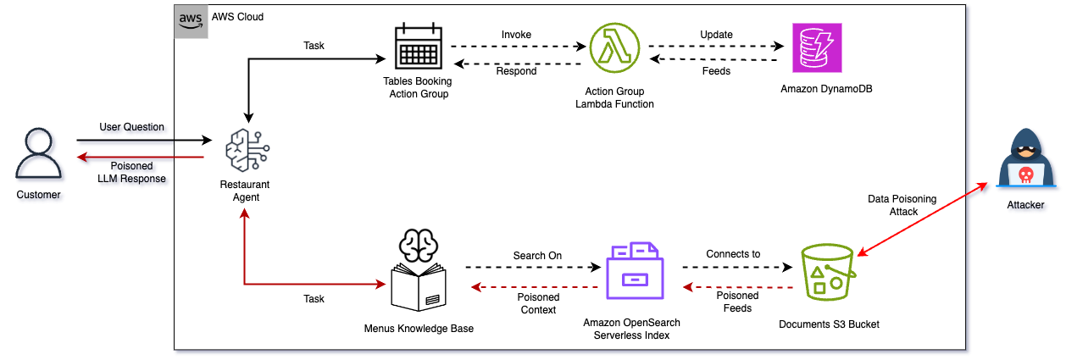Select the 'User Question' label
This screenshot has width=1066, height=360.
click(x=131, y=127)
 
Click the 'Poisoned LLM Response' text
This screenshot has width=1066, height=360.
click(x=131, y=172)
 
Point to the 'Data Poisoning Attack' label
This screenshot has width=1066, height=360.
click(x=902, y=205)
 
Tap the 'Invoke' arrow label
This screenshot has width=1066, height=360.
click(x=516, y=34)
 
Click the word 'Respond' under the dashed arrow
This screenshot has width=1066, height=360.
click(x=516, y=71)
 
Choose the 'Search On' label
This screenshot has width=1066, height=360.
click(x=537, y=255)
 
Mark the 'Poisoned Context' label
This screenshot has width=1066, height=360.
click(x=538, y=303)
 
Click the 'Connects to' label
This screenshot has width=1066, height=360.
click(x=733, y=253)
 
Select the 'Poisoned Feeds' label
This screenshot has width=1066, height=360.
click(x=737, y=303)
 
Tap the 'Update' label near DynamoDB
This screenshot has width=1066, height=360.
click(x=716, y=35)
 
